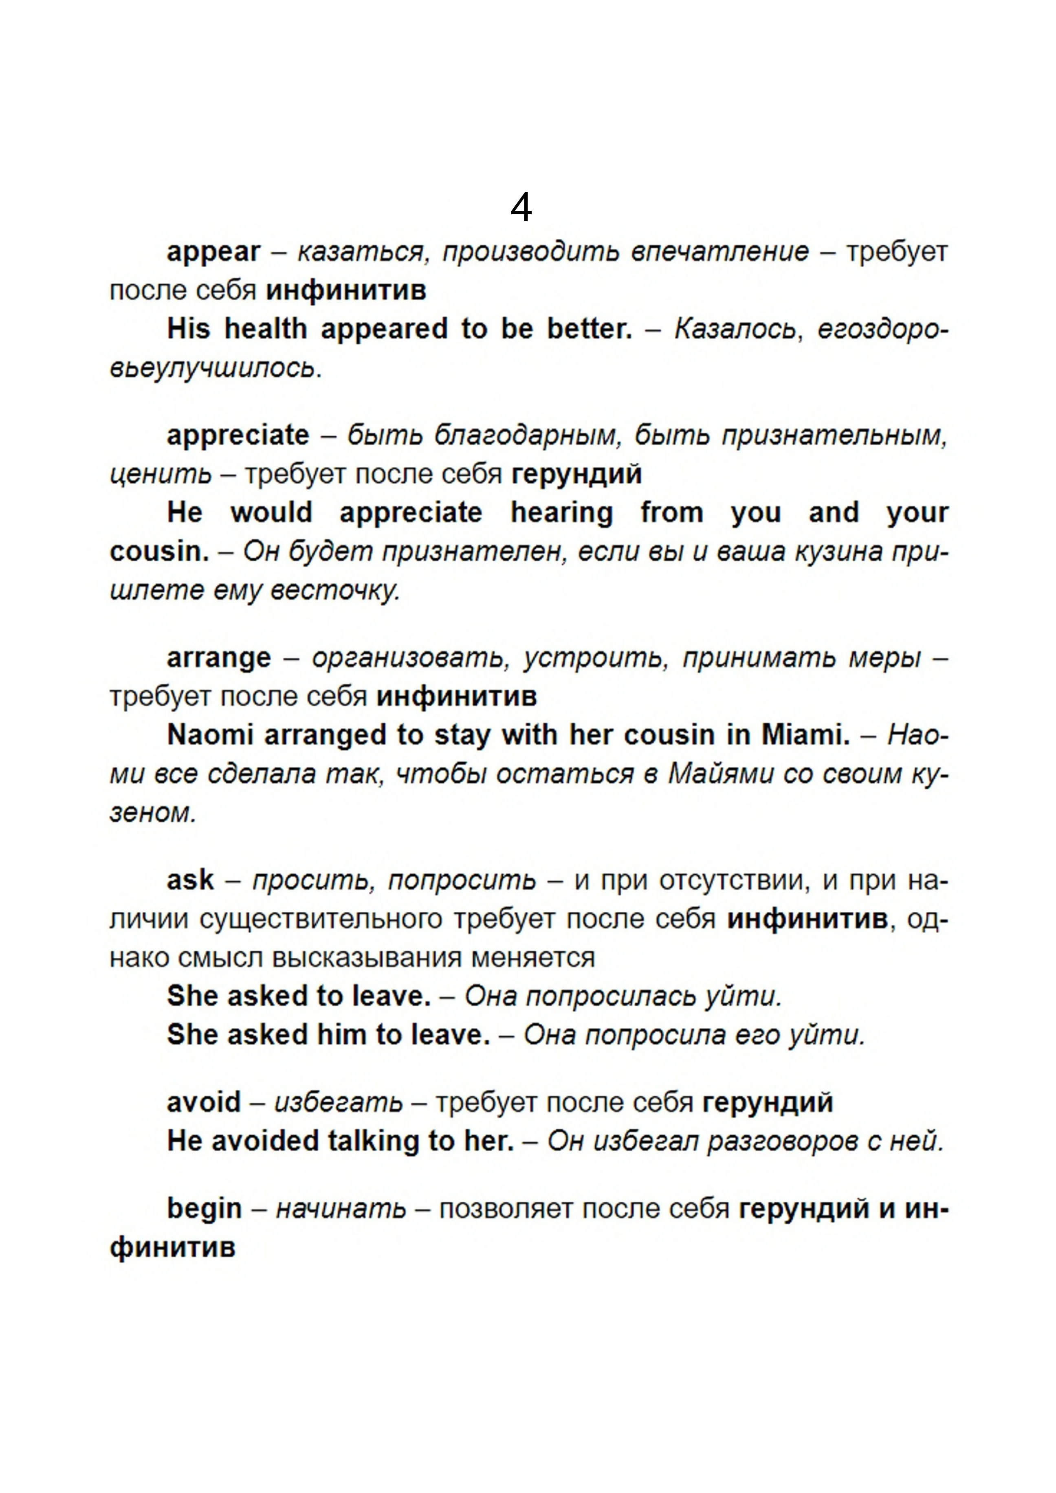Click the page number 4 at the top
pos(521,208)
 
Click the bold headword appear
pos(213,252)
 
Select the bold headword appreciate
pos(238,435)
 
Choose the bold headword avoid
pos(204,1102)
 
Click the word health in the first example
pos(265,329)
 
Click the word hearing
pos(561,513)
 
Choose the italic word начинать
pos(341,1209)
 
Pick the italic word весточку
pos(334,591)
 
